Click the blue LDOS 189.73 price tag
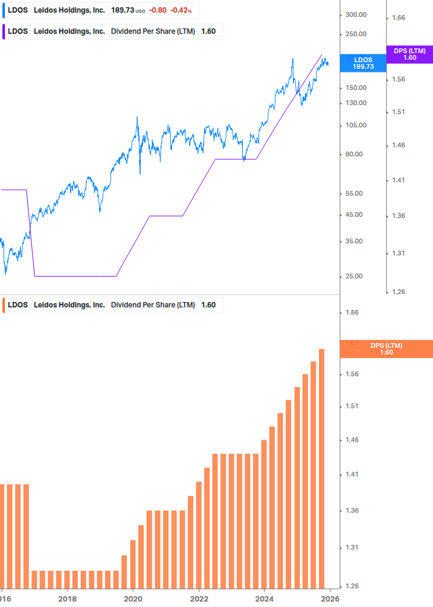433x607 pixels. pyautogui.click(x=363, y=63)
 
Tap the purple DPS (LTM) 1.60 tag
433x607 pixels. pyautogui.click(x=409, y=54)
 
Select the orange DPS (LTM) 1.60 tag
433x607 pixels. pyautogui.click(x=386, y=348)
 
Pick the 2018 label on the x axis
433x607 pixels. pyautogui.click(x=67, y=599)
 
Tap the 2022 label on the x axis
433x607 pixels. pyautogui.click(x=199, y=599)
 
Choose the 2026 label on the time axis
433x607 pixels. pyautogui.click(x=329, y=599)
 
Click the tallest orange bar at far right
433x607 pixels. pyautogui.click(x=322, y=468)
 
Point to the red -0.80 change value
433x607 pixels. pyautogui.click(x=159, y=10)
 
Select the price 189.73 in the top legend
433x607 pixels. pyautogui.click(x=122, y=10)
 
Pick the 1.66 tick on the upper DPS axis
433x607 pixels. pyautogui.click(x=398, y=18)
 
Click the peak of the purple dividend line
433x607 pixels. pyautogui.click(x=321, y=55)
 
